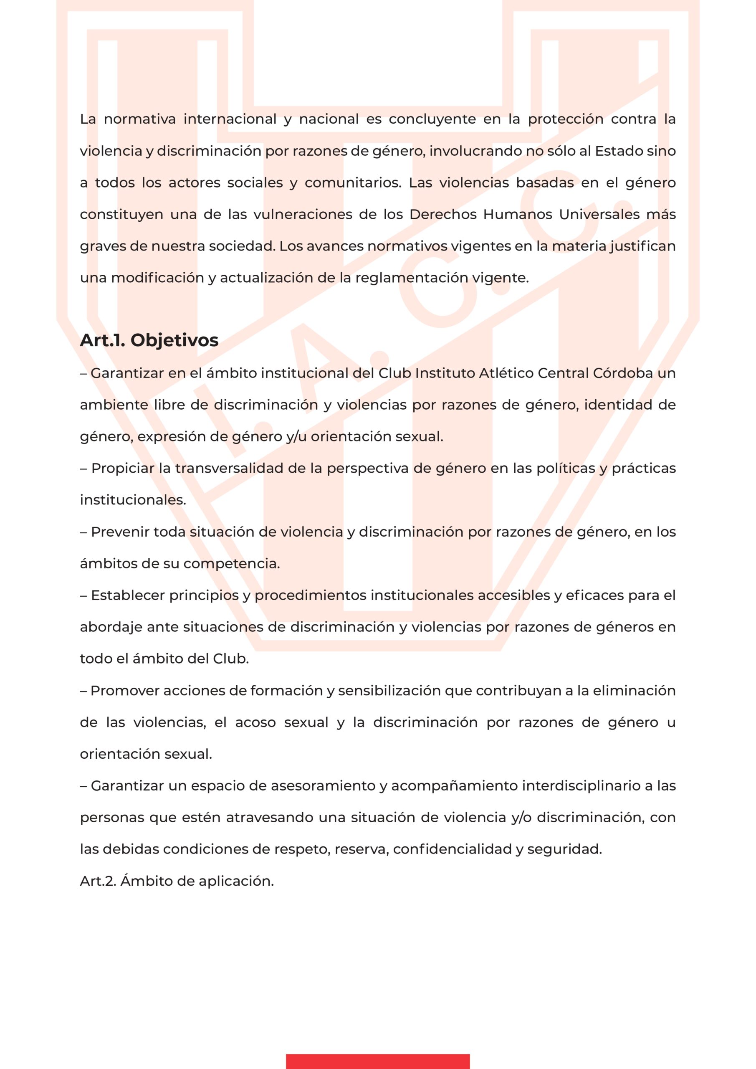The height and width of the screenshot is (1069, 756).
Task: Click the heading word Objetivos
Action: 174,340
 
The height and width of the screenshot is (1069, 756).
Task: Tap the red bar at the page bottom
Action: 377,1060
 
